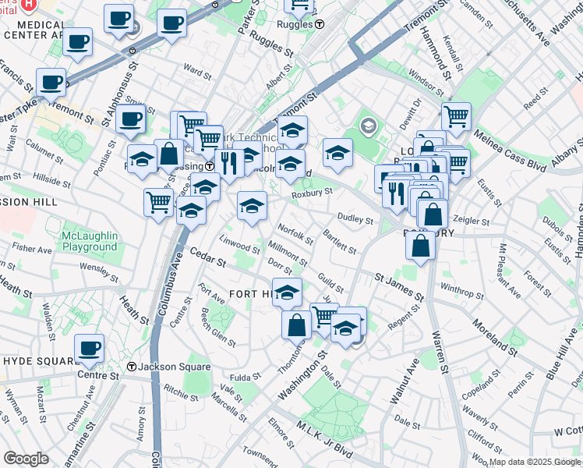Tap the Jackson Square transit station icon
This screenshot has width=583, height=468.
132,367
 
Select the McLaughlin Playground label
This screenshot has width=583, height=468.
91,241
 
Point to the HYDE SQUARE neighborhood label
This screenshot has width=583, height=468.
37,360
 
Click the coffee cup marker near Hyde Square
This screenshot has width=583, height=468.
90,347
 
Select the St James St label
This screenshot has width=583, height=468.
398,286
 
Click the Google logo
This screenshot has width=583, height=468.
26,459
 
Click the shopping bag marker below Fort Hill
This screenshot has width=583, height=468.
297,324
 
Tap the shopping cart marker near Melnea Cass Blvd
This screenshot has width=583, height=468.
456,117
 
